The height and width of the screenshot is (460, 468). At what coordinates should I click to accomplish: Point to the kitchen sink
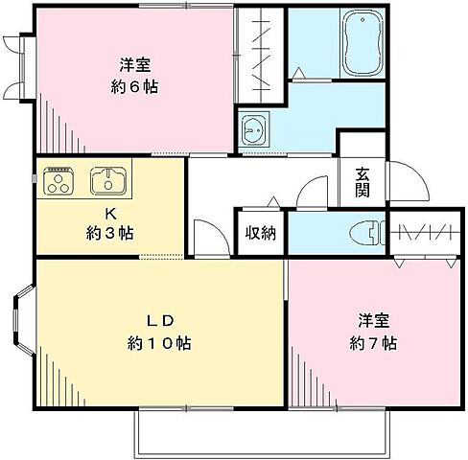pos(107,179)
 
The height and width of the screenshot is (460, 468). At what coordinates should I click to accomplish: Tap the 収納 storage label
pos(260,233)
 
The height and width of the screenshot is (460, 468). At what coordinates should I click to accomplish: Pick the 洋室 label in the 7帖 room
pos(374,320)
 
